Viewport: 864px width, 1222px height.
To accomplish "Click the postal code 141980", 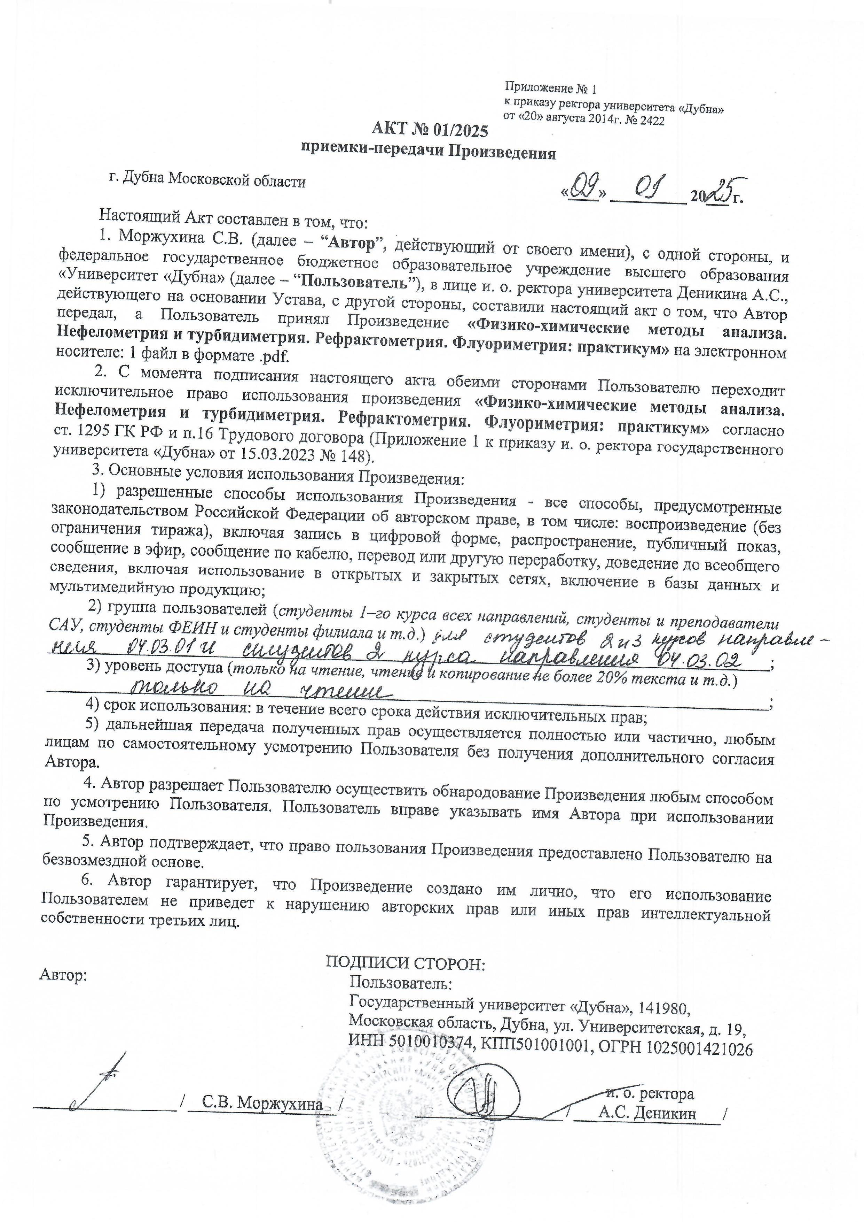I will pos(664,1007).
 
